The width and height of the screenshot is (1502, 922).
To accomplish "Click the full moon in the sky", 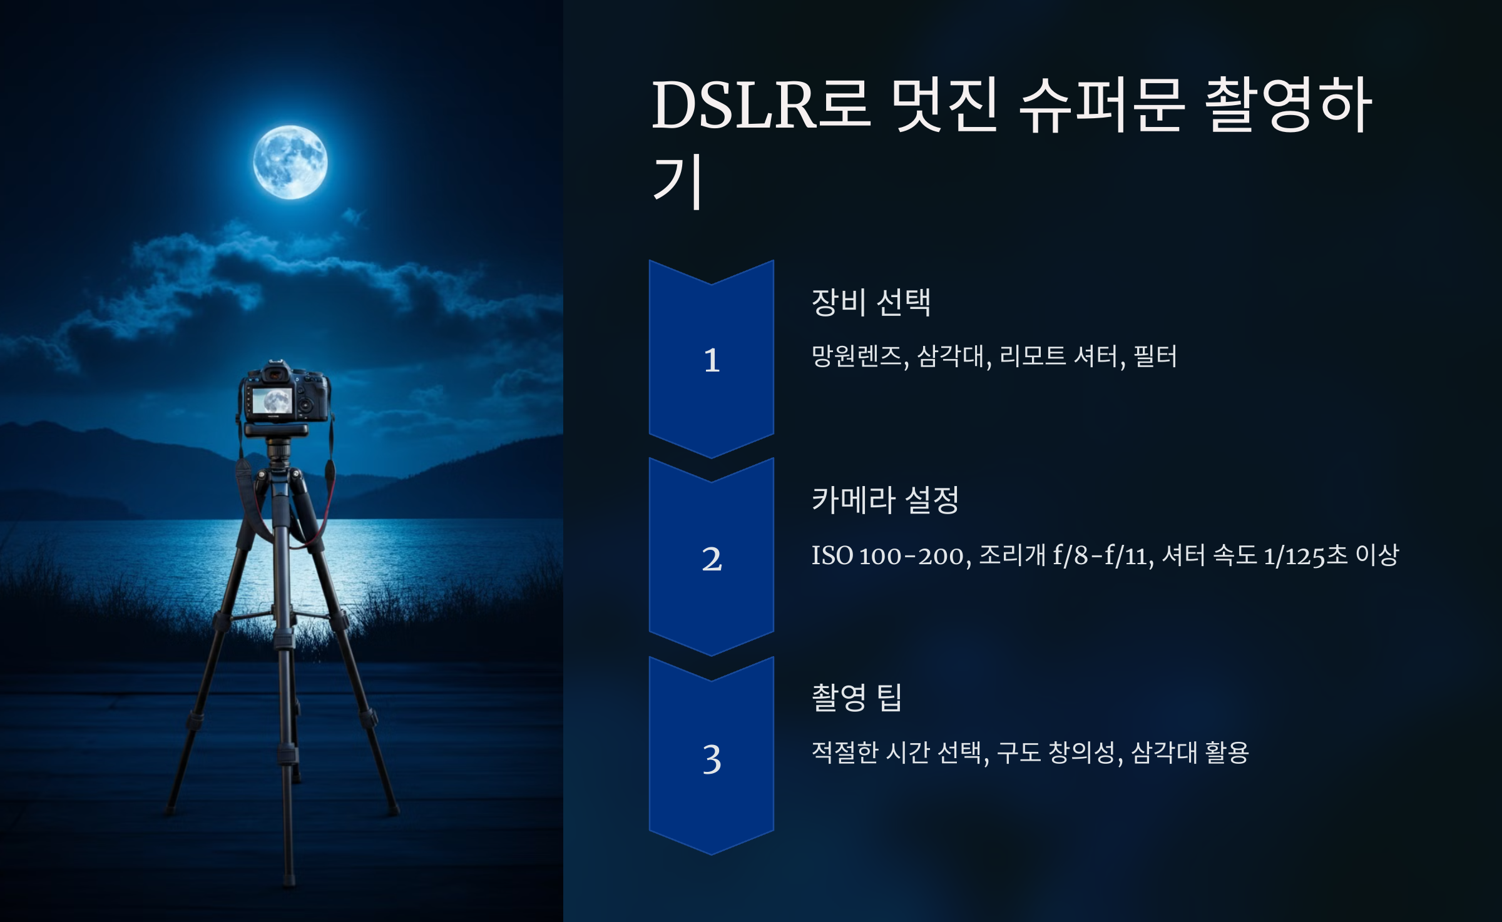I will tap(290, 163).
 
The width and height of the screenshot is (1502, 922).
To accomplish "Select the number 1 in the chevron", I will tap(712, 360).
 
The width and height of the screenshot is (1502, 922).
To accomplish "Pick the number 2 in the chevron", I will tap(712, 559).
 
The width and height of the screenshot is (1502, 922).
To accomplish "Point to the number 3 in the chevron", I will tap(712, 759).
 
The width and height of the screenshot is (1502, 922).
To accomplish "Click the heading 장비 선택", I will tap(871, 302).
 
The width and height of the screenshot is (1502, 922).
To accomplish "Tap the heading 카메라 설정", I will tap(885, 500).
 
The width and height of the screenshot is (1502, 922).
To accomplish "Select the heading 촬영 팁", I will tap(856, 697).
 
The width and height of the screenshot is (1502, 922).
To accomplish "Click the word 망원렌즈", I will tap(857, 357).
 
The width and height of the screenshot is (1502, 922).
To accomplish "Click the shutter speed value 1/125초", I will tap(1305, 555).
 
